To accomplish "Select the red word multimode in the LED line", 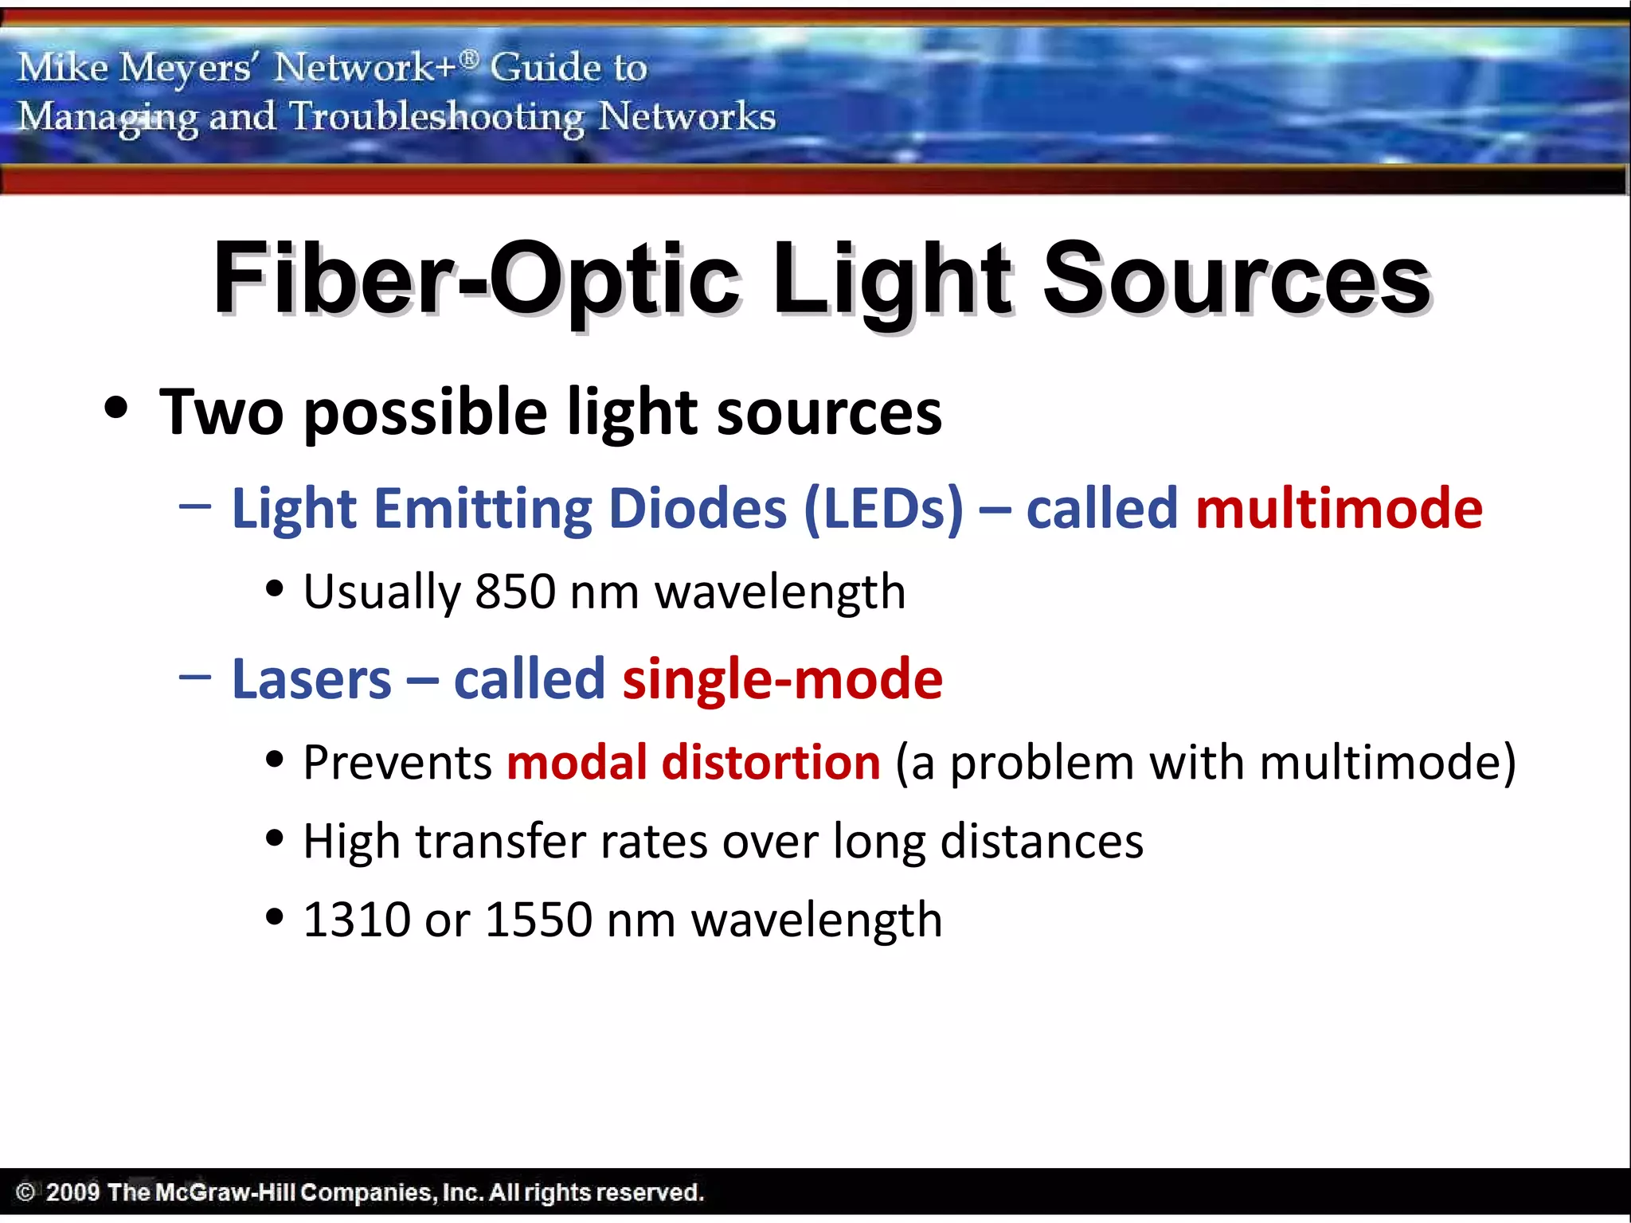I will click(1339, 509).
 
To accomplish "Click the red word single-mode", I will click(782, 680).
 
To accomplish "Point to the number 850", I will click(514, 592).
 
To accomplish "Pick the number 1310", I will click(356, 920).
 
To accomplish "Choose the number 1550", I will click(538, 920).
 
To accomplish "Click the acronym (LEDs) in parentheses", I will click(883, 509).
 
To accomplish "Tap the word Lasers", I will click(311, 680).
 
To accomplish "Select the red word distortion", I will click(771, 763).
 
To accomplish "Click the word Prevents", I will click(397, 763).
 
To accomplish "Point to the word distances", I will click(1042, 842).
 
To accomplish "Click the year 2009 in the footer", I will click(72, 1192).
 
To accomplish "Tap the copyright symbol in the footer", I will click(25, 1192).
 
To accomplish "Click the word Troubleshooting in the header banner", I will click(436, 118).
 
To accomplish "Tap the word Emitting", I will click(483, 509).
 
